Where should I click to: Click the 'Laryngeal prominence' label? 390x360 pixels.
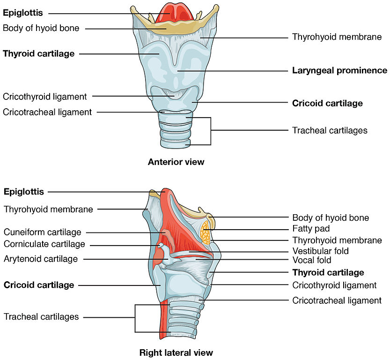coord(339,71)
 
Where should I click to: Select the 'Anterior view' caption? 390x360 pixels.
coord(176,162)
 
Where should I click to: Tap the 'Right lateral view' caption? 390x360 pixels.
coord(176,352)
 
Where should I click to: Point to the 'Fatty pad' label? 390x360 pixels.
coord(311,229)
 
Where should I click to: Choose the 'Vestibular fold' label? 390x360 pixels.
coord(320,251)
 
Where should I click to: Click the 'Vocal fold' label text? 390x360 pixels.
coord(311,260)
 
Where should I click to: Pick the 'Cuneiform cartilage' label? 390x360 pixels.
coord(43,232)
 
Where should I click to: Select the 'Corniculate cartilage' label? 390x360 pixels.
coord(44,244)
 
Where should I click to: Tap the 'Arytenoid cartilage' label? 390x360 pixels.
coord(41,259)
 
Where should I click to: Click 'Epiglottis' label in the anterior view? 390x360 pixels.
coord(23,14)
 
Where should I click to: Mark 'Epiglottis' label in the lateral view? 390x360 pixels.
coord(24,192)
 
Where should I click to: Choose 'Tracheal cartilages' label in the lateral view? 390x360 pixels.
coord(41,317)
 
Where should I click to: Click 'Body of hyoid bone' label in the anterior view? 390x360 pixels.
coord(41,28)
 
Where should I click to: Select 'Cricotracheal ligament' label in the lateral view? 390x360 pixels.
coord(337,300)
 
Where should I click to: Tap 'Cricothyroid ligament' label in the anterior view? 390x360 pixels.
coord(45,97)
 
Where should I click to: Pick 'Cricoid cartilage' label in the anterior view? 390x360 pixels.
coord(327,103)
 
